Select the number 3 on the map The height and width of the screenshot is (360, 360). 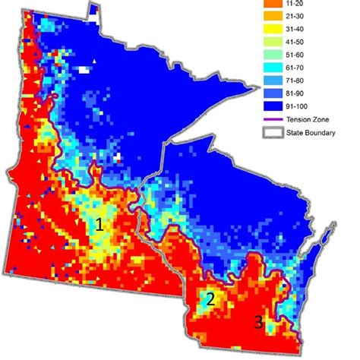pos(258,322)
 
